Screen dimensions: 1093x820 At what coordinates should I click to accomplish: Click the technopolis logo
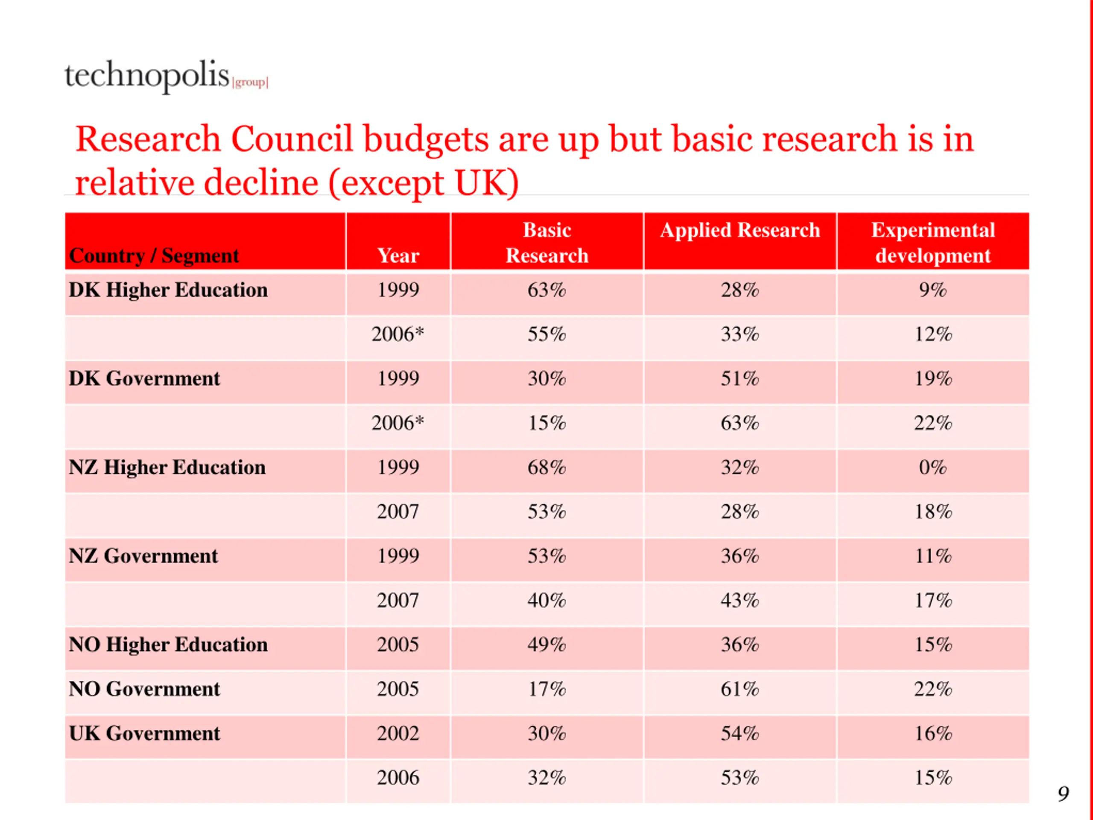[167, 76]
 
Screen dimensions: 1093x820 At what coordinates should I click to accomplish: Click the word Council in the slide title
[292, 139]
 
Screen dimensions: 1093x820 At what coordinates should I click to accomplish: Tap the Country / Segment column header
[154, 255]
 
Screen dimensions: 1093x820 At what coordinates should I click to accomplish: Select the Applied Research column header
[740, 230]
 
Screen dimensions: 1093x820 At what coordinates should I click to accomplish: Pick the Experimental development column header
[933, 243]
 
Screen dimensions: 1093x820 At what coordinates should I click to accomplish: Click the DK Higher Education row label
[168, 290]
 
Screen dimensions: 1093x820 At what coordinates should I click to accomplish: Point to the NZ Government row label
[143, 556]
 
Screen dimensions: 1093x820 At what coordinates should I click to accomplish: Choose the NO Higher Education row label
[168, 644]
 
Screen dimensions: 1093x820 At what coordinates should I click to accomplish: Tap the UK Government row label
[144, 733]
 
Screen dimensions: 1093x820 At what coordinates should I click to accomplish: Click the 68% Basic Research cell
[546, 467]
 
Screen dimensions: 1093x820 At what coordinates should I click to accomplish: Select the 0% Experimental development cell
[933, 467]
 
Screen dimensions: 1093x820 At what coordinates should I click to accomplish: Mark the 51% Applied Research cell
[740, 379]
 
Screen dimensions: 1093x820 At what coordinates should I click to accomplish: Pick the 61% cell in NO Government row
[740, 689]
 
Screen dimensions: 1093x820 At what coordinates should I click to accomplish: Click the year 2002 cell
[398, 733]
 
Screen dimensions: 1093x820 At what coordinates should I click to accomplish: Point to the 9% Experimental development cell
[933, 290]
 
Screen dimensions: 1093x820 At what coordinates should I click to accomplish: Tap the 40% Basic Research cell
[546, 600]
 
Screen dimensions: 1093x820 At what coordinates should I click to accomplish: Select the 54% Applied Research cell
[740, 733]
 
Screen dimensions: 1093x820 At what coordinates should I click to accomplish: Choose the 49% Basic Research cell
[546, 644]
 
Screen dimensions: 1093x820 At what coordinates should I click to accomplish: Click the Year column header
[398, 255]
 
